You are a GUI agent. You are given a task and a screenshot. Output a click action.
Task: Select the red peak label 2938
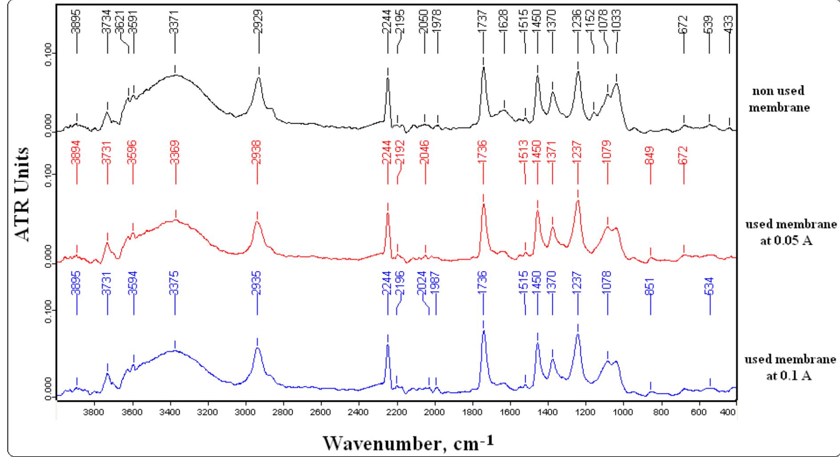(257, 153)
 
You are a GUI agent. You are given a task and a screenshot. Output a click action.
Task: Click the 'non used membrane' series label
(779, 99)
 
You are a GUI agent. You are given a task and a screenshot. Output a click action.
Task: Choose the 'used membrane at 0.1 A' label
(790, 367)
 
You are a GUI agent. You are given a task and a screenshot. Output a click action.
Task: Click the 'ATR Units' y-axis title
(23, 194)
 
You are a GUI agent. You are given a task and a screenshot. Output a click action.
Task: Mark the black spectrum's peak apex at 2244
(388, 78)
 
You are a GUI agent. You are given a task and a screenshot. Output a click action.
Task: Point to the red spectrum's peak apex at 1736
(483, 204)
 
